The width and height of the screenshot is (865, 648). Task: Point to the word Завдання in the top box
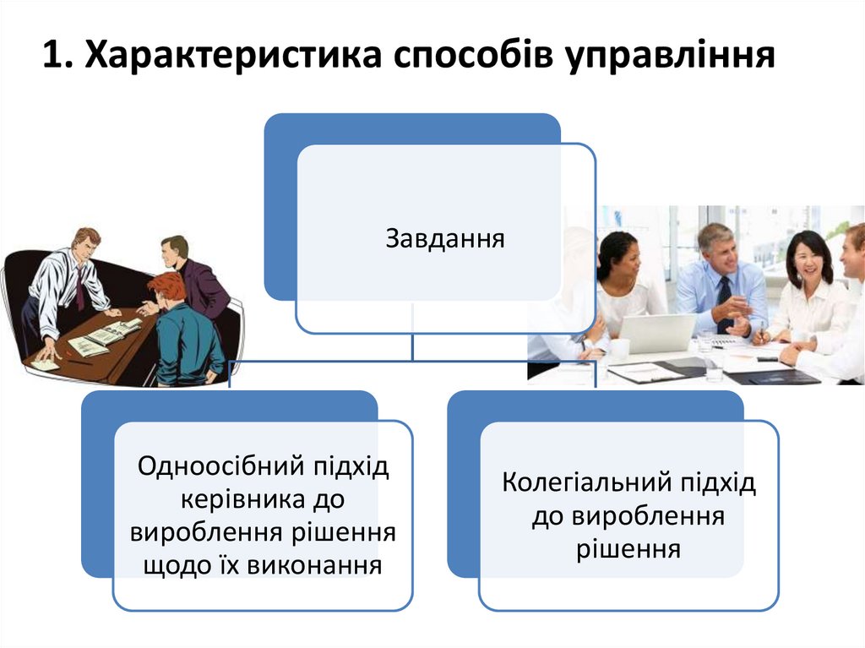pos(445,239)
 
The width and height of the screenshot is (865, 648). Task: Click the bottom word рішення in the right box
pos(628,549)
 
